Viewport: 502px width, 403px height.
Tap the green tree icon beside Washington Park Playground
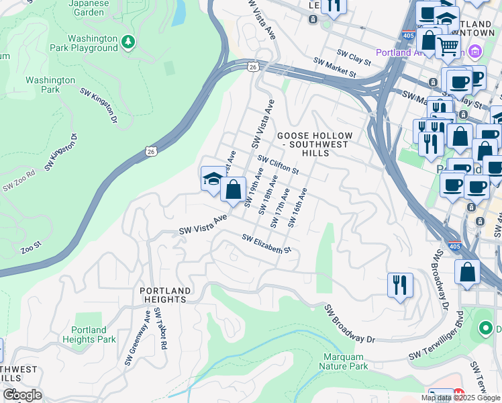pyautogui.click(x=128, y=42)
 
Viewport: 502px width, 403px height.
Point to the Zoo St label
pyautogui.click(x=32, y=249)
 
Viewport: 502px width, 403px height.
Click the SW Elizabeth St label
pyautogui.click(x=266, y=244)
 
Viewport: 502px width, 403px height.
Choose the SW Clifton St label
pyautogui.click(x=277, y=165)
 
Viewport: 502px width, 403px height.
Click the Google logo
pyautogui.click(x=22, y=395)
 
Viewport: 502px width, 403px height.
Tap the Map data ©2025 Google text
pyautogui.click(x=460, y=398)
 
